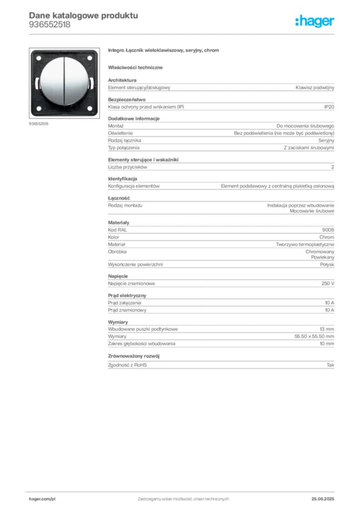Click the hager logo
tap(314, 21)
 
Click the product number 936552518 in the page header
tap(50, 25)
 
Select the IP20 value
tap(329, 107)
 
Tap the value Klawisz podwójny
tap(315, 87)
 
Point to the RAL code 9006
tap(328, 230)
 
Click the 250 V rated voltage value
tap(328, 283)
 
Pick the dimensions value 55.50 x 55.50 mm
tap(314, 337)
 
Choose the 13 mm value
tap(327, 329)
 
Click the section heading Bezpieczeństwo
tap(127, 99)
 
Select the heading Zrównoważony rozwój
tap(134, 356)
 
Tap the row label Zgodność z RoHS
tap(127, 365)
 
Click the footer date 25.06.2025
tap(323, 499)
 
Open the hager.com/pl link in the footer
tap(42, 499)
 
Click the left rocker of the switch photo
tap(52, 81)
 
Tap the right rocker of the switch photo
tap(77, 81)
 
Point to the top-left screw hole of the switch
tap(39, 58)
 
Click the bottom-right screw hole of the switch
tap(90, 108)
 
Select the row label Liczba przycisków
tap(128, 167)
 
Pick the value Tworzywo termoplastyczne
tap(305, 245)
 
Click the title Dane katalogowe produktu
tap(84, 15)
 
